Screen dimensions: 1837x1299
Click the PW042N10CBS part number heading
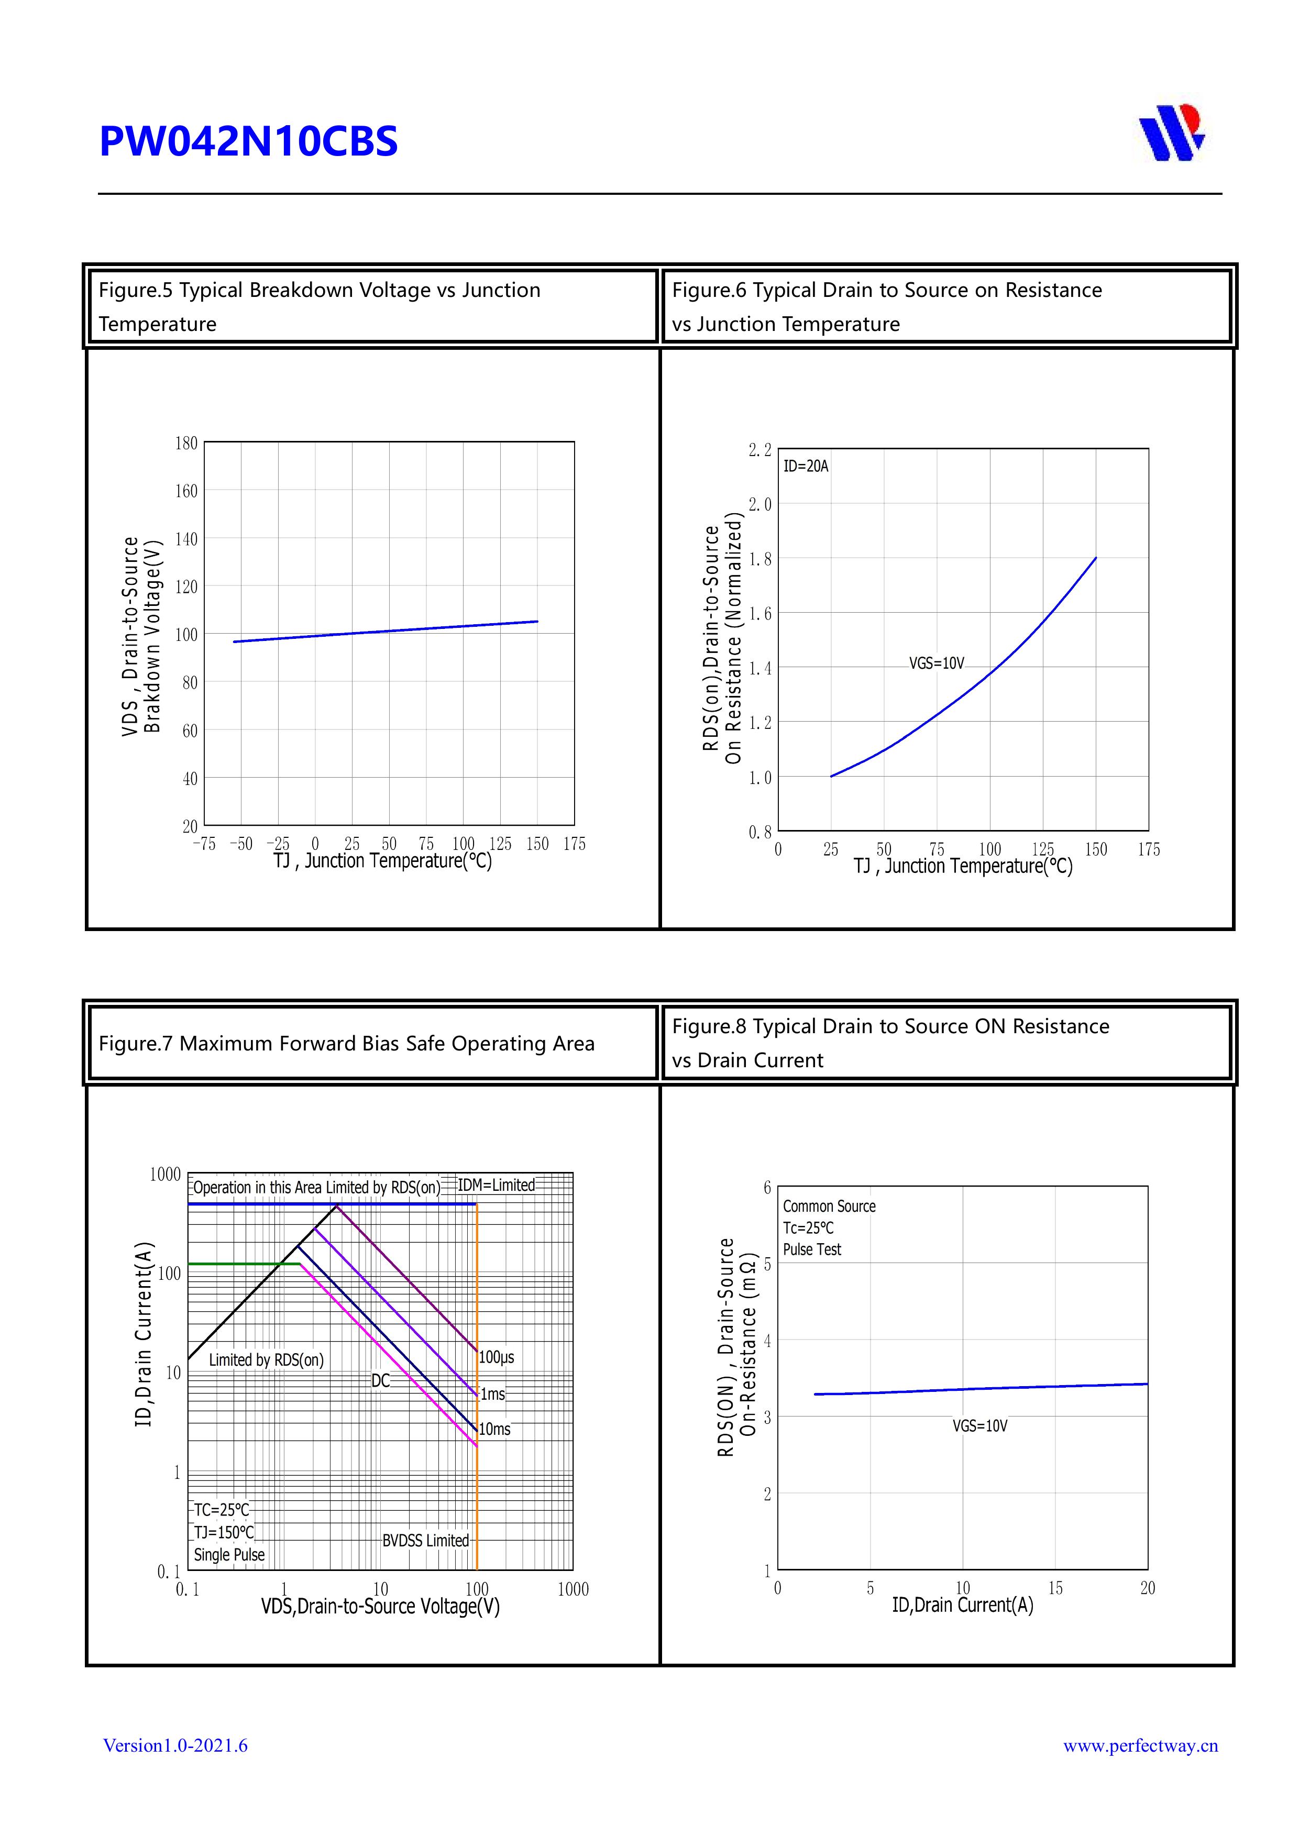[x=248, y=141]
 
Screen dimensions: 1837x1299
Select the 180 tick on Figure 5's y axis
[x=186, y=443]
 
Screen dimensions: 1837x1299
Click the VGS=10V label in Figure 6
[x=935, y=664]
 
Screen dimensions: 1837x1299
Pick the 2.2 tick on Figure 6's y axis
[x=759, y=450]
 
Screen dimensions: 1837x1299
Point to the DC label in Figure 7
[x=380, y=1381]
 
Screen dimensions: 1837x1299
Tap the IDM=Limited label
[x=496, y=1185]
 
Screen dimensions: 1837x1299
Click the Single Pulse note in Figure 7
[x=229, y=1555]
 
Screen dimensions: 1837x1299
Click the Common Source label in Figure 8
[x=829, y=1207]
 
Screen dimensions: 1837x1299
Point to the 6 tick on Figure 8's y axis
[x=767, y=1187]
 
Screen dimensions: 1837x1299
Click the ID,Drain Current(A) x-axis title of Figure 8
[x=962, y=1606]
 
